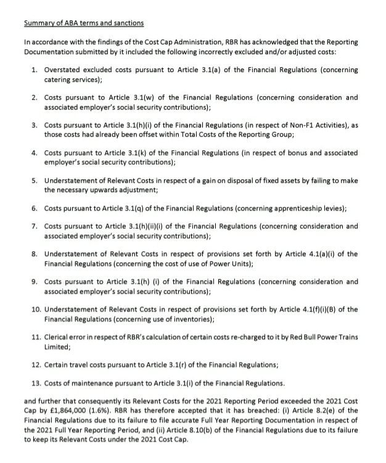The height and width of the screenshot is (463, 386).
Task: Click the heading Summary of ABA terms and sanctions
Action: coord(84,24)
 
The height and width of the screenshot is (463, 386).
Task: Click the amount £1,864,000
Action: coord(66,412)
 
